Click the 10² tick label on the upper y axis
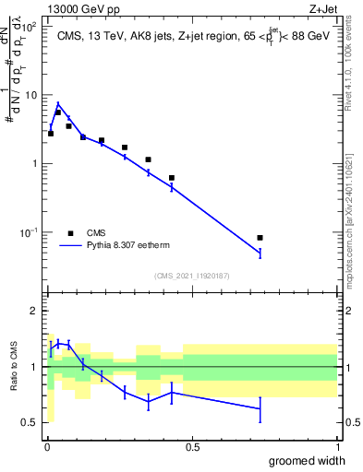[30, 26]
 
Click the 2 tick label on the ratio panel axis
[34, 311]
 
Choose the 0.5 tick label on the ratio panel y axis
[30, 422]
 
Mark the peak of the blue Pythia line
[57, 103]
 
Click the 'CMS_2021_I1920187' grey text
[191, 275]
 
